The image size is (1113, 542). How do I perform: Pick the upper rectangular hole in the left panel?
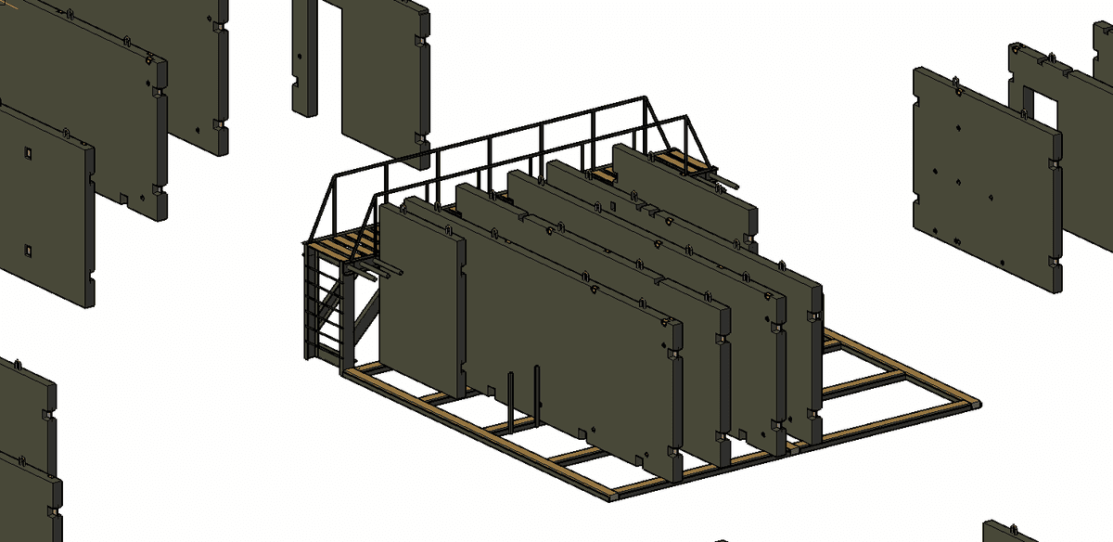[29, 152]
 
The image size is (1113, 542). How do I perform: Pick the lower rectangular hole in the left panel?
[29, 250]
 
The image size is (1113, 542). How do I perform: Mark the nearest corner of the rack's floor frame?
[612, 497]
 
